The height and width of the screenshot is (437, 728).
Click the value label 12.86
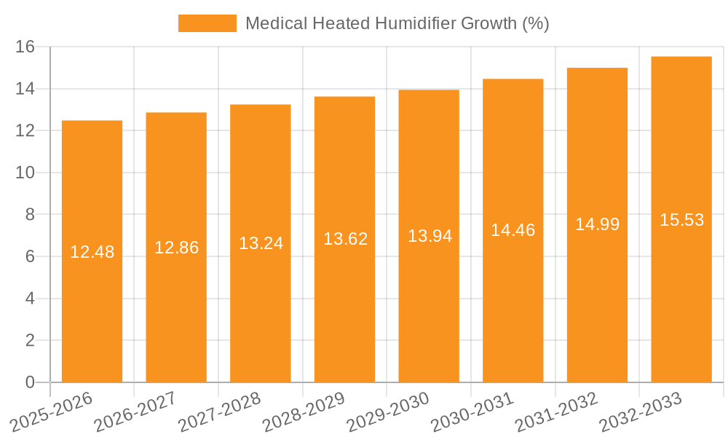pyautogui.click(x=176, y=248)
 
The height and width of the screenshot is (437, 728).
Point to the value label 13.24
pyautogui.click(x=261, y=243)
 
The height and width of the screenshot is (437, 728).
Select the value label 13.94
pyautogui.click(x=430, y=236)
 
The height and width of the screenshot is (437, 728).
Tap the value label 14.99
pyautogui.click(x=597, y=224)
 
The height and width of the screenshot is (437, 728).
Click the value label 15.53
pyautogui.click(x=681, y=220)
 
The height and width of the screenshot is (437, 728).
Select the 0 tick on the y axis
pyautogui.click(x=30, y=382)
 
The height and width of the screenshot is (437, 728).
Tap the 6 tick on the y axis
pyautogui.click(x=30, y=257)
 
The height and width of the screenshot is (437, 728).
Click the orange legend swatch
pyautogui.click(x=207, y=23)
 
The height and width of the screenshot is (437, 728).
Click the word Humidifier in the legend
pyautogui.click(x=414, y=23)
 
